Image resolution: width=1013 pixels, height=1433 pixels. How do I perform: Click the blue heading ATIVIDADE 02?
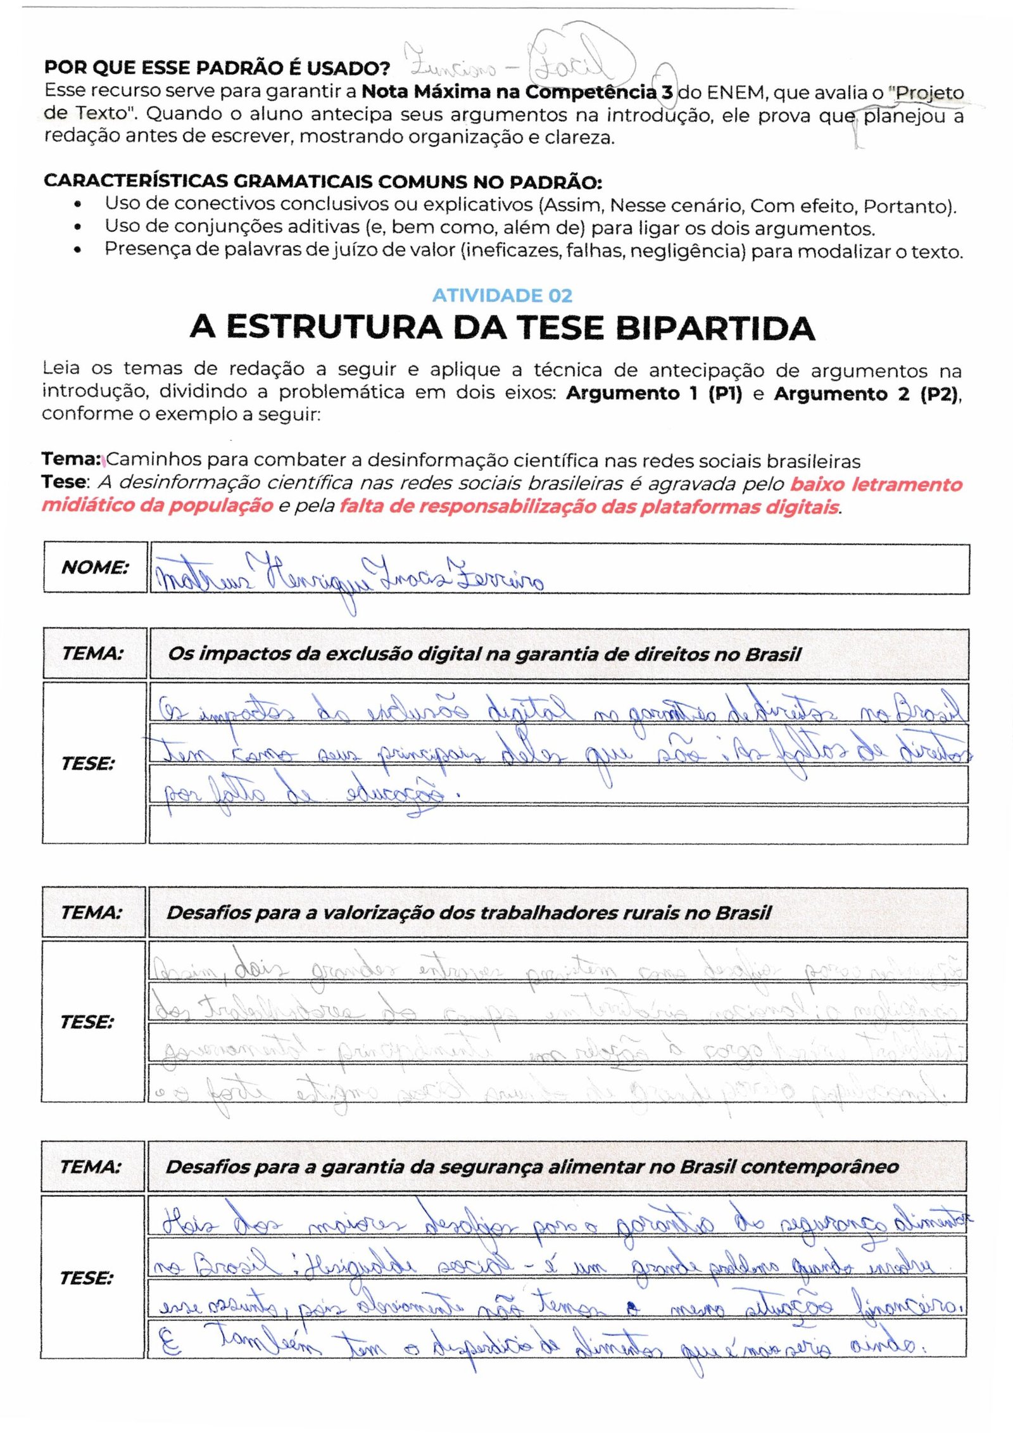coord(502,296)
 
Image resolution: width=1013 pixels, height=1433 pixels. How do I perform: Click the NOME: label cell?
coord(95,567)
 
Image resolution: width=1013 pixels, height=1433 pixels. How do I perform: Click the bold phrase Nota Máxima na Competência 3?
coord(517,92)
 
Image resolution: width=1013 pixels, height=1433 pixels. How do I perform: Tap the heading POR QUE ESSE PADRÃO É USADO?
coord(217,68)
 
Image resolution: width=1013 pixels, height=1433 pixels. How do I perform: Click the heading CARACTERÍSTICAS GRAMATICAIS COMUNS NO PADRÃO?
coord(322,182)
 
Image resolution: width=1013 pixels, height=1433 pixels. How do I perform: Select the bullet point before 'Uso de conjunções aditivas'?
coord(77,227)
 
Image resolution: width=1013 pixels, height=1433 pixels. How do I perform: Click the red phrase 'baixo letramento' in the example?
coord(876,484)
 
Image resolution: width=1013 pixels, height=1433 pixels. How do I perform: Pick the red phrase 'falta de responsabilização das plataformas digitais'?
coord(589,507)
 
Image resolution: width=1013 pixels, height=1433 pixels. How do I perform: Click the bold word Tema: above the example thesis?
coord(71,459)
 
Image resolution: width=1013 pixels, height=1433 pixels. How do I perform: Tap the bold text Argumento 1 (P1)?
coord(653,393)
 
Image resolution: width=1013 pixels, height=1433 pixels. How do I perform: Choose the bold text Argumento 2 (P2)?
coord(867,393)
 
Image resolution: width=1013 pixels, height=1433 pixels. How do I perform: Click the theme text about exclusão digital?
coord(484,654)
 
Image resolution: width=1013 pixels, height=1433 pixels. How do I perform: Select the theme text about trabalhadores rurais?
coord(469,912)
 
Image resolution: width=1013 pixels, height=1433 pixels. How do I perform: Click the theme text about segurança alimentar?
coord(532,1166)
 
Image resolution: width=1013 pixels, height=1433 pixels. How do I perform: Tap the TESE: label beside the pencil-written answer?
coord(87,1022)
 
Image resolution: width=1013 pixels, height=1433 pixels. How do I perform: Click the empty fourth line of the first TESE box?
coord(557,824)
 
